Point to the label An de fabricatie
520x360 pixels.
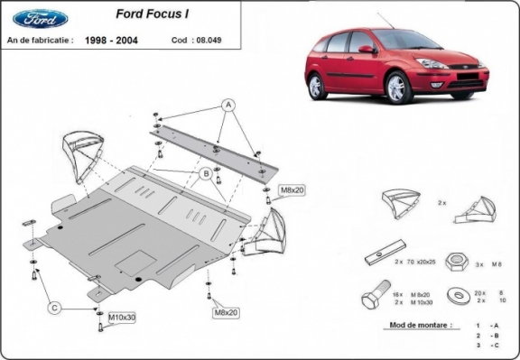pyautogui.click(x=40, y=41)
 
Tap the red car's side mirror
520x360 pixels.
pyautogui.click(x=364, y=50)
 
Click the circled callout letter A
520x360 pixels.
pyautogui.click(x=229, y=106)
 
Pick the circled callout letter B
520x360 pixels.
pyautogui.click(x=206, y=172)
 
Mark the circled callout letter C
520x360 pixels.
pyautogui.click(x=54, y=308)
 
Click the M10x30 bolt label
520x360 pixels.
pyautogui.click(x=123, y=318)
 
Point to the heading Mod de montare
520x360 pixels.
pyautogui.click(x=399, y=323)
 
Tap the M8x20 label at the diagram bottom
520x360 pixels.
pyautogui.click(x=227, y=312)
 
